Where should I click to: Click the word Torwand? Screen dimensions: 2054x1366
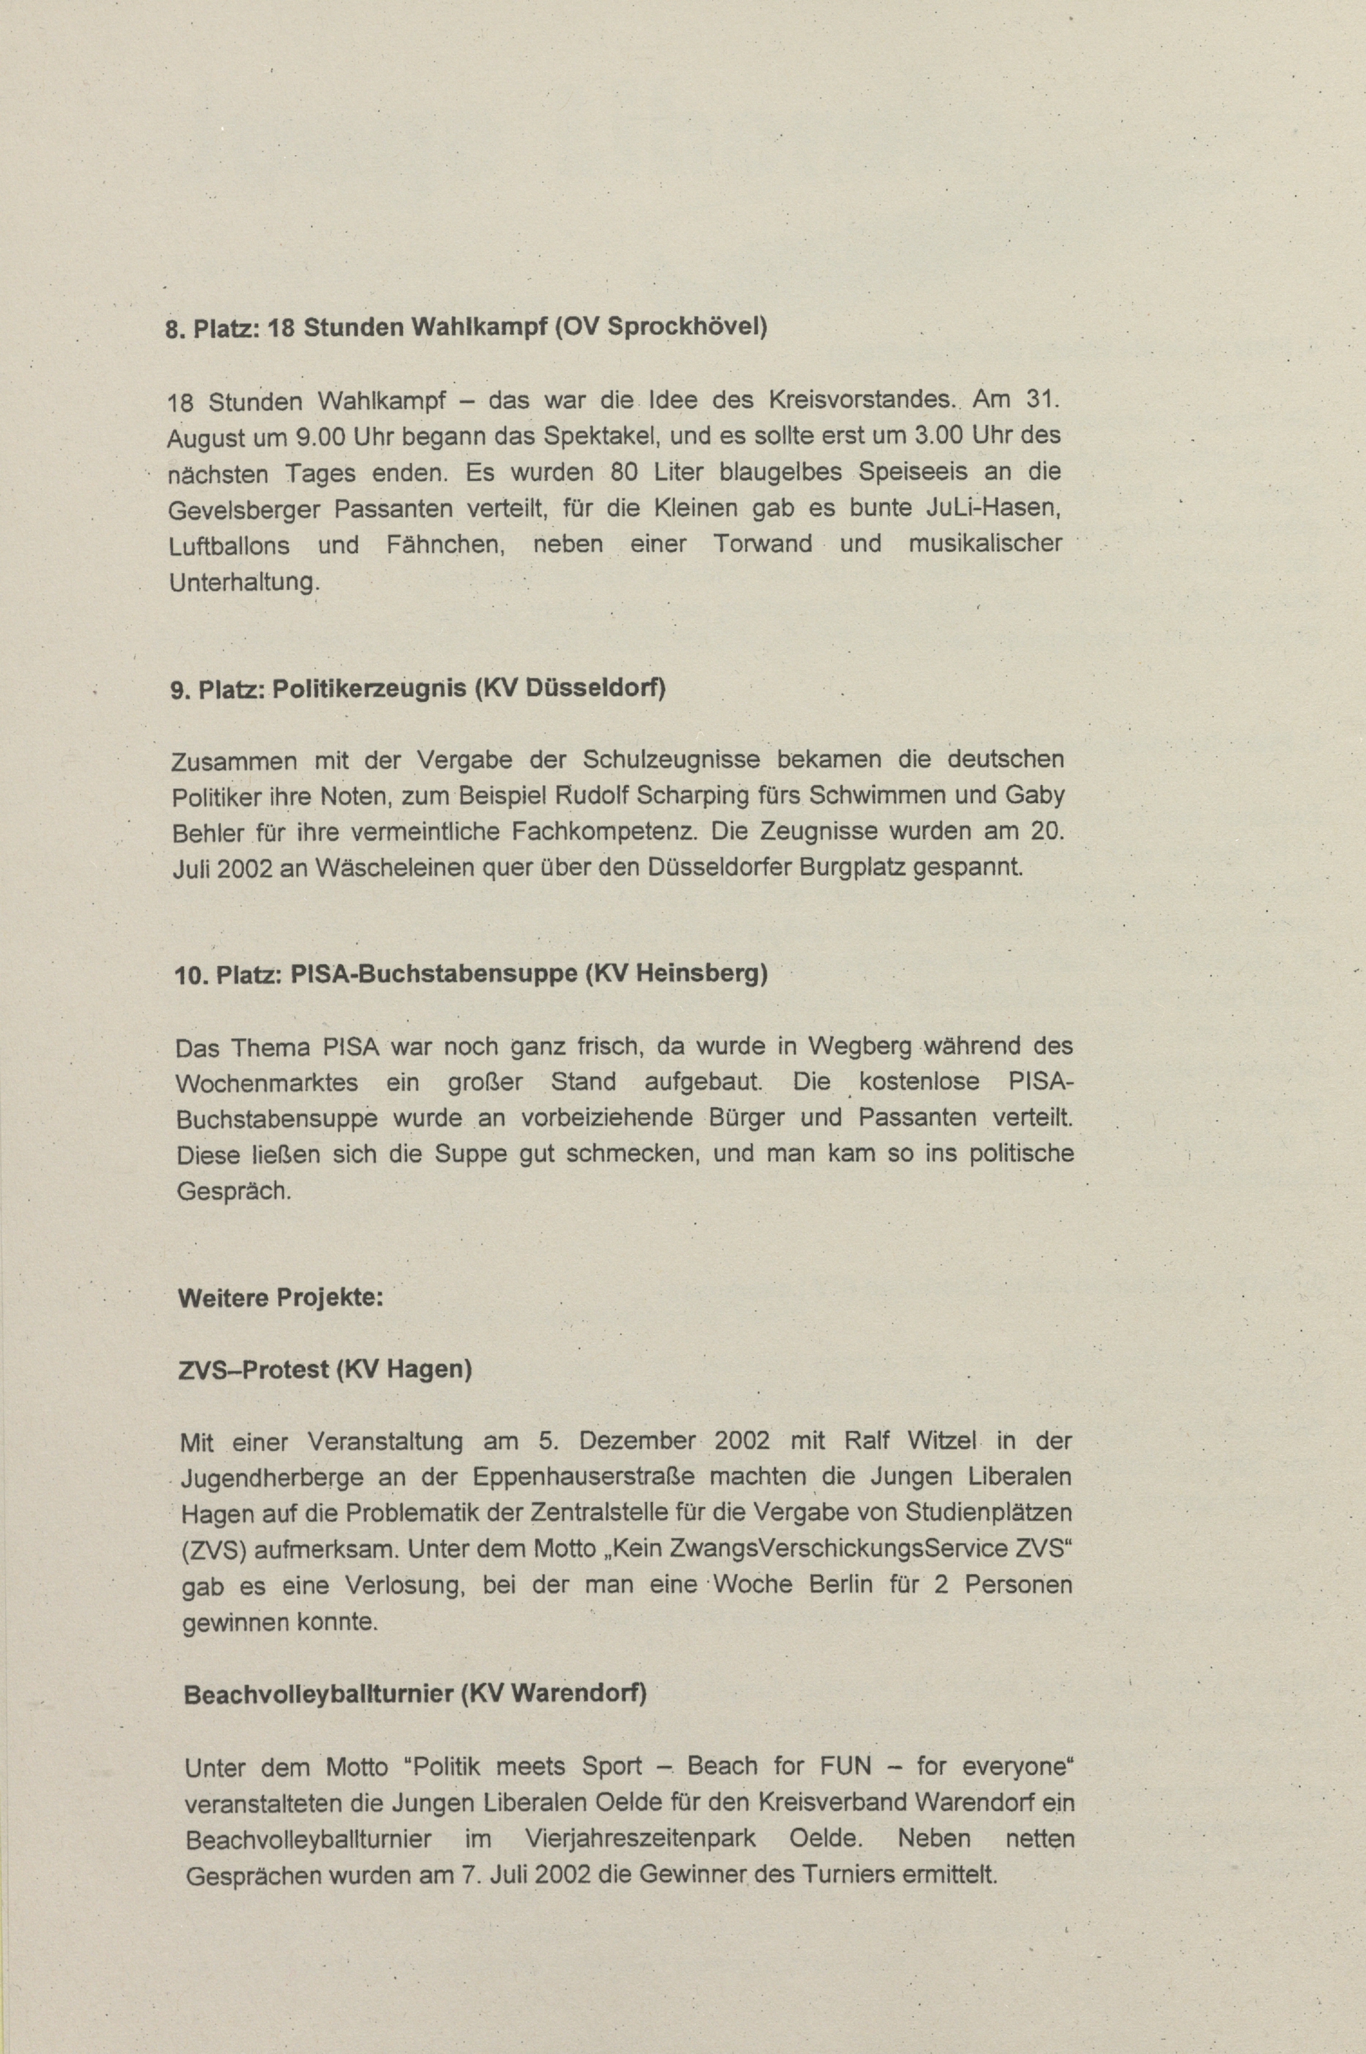(762, 544)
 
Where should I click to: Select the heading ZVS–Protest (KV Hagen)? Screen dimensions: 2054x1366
(325, 1369)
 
